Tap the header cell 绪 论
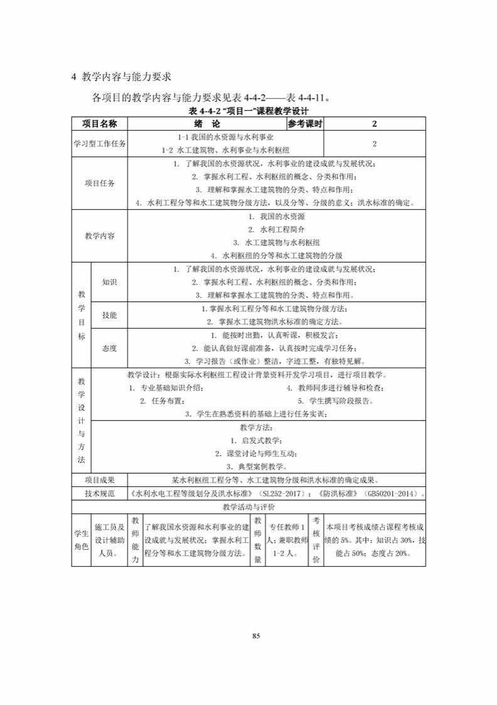[x=206, y=124]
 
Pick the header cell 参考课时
[x=305, y=124]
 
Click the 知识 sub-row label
[x=109, y=282]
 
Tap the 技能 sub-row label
[x=109, y=314]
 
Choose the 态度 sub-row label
[x=109, y=347]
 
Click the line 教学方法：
[x=257, y=427]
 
